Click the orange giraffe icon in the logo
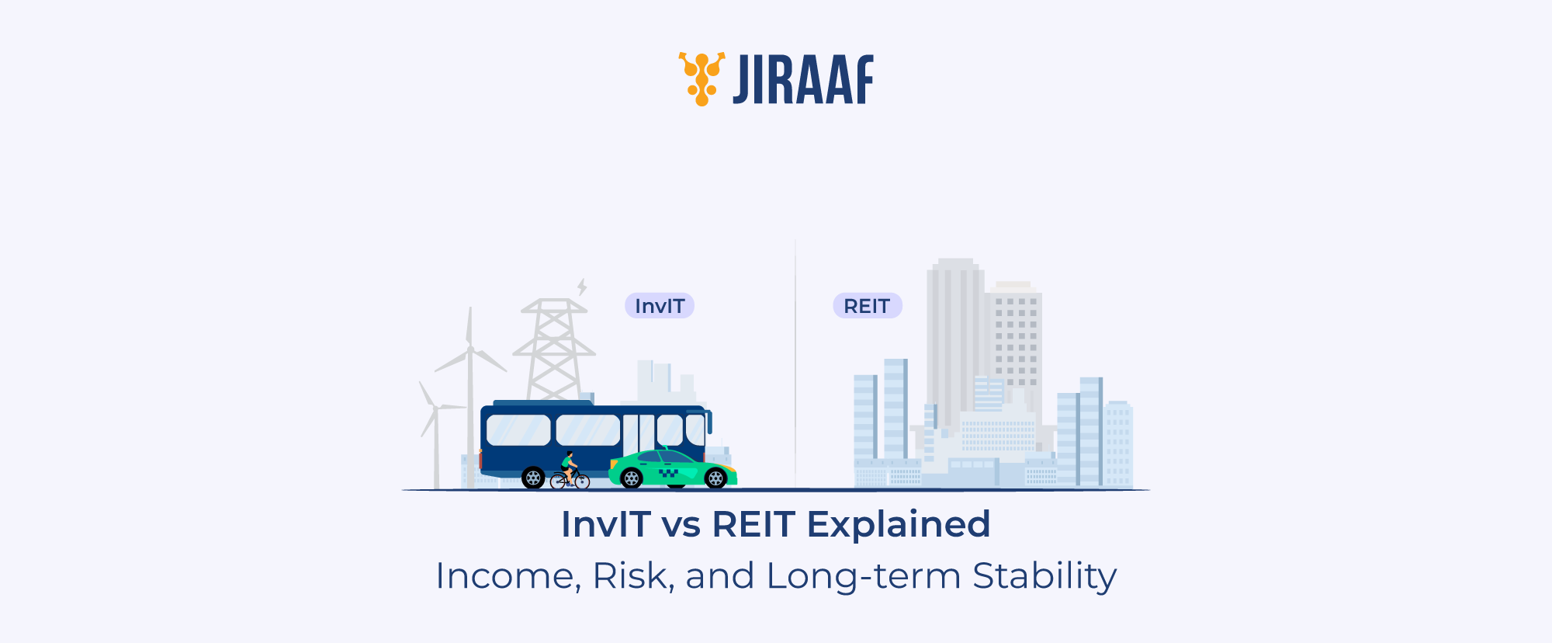702,78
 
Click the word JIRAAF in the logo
803,79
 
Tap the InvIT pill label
659,306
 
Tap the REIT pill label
867,306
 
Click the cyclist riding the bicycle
569,467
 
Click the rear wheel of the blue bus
533,478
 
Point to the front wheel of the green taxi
715,478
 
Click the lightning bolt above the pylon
581,287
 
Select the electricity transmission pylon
554,349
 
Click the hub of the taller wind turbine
470,349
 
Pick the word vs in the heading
681,525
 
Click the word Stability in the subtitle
1044,576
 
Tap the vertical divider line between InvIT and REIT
795,365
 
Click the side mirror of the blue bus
708,422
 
